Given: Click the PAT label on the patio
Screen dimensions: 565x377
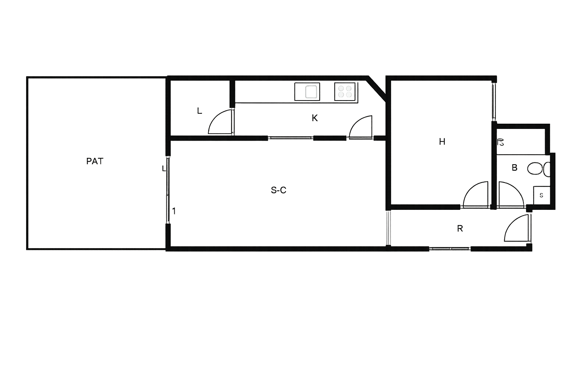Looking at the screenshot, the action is [x=95, y=161].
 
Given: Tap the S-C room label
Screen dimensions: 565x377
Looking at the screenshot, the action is [x=278, y=190].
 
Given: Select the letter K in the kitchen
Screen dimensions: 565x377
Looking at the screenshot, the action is [x=315, y=118].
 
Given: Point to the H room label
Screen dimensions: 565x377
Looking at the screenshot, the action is [x=442, y=142].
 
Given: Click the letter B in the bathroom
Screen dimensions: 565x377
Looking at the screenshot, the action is [x=515, y=168].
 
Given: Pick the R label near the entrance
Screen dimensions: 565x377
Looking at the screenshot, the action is [x=460, y=229].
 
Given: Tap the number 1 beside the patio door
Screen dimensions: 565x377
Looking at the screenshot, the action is [x=174, y=211].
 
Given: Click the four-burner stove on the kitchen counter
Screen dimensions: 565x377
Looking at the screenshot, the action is [x=345, y=92].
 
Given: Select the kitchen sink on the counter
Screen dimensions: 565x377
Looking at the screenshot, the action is [x=307, y=92].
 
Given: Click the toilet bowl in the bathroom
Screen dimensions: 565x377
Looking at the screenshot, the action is [x=535, y=169].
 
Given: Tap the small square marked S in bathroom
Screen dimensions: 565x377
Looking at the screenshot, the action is [x=541, y=195].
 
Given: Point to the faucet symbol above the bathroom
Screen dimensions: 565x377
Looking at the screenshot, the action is [x=501, y=142].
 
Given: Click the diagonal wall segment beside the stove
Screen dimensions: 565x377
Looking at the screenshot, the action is [x=377, y=88].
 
